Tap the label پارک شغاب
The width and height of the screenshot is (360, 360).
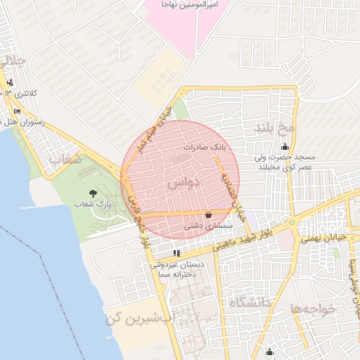(94, 205)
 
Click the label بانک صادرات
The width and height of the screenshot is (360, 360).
(205, 148)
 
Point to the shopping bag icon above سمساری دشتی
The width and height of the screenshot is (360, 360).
(207, 215)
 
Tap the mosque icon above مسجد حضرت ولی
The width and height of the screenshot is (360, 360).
(285, 147)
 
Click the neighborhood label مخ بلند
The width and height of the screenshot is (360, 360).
(274, 128)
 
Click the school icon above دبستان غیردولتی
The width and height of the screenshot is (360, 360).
(176, 252)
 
